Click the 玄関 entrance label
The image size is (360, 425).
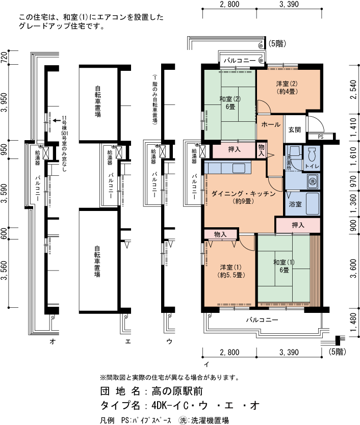click(295, 129)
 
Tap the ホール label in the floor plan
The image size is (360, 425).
click(270, 124)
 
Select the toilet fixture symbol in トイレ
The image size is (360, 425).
click(312, 153)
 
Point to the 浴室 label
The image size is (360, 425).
click(295, 204)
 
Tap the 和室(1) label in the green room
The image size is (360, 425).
click(284, 265)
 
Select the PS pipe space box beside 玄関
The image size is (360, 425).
click(321, 137)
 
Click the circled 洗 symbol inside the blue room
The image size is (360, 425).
click(312, 181)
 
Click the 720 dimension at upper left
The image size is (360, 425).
click(5, 57)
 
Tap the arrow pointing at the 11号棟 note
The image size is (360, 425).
click(57, 121)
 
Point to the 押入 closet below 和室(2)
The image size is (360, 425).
click(234, 150)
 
